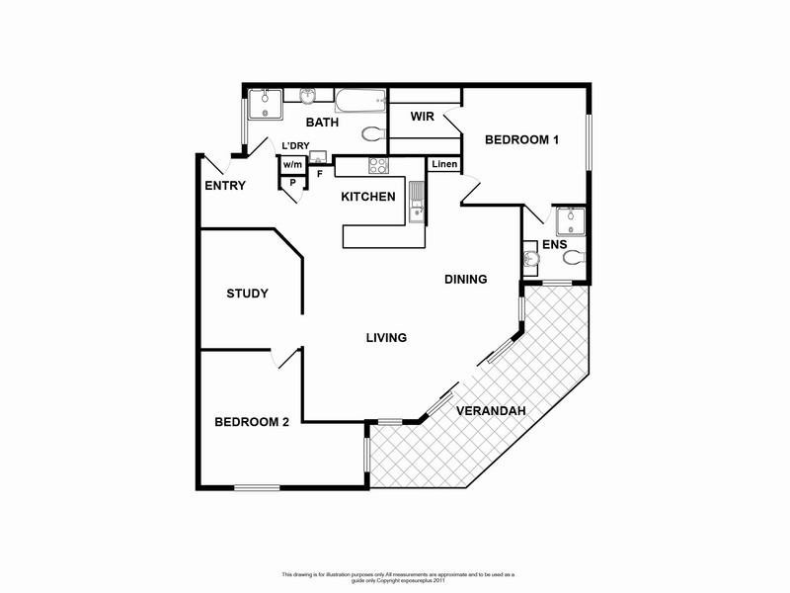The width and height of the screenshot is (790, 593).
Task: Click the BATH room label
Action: (322, 123)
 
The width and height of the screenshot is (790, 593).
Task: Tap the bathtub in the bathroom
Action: (359, 100)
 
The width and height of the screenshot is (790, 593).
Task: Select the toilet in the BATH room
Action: (372, 134)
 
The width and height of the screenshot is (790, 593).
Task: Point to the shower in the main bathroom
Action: (265, 103)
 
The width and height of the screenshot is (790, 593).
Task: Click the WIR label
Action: (410, 117)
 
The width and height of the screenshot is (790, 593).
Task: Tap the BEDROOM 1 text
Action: (521, 140)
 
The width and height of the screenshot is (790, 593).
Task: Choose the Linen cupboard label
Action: (444, 164)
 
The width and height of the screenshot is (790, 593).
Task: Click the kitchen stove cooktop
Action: (377, 166)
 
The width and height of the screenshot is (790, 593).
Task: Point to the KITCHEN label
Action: (367, 197)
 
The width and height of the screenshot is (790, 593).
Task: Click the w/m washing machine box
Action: (292, 165)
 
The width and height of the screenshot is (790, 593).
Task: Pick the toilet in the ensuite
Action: (574, 258)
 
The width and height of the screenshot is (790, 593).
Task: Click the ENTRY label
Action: (225, 186)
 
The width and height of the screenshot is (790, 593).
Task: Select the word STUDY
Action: (248, 294)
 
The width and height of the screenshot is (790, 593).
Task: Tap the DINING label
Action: (465, 279)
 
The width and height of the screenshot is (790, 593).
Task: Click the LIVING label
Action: (386, 338)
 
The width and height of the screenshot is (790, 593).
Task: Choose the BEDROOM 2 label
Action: (252, 422)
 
